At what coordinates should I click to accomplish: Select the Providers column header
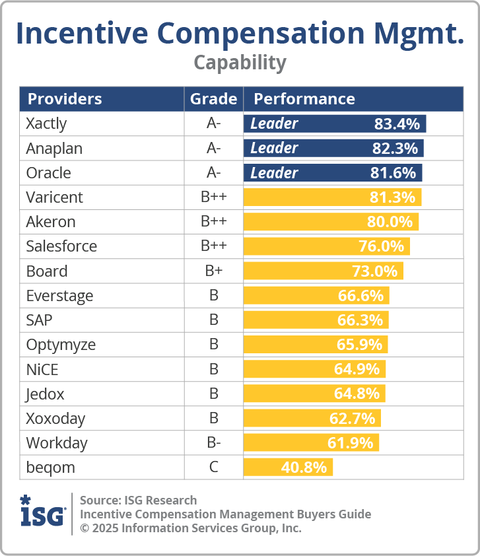64,99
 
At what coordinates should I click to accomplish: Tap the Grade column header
213,99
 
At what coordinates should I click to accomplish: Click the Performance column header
304,99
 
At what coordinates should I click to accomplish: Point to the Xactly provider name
46,123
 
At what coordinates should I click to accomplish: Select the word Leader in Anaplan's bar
274,148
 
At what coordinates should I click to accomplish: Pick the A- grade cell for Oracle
213,173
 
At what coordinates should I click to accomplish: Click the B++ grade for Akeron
213,222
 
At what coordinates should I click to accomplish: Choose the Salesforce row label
61,246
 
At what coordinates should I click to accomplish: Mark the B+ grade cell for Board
213,271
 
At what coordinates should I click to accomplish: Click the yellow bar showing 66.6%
316,296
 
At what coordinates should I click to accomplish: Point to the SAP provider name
40,320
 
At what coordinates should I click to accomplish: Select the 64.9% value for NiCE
357,369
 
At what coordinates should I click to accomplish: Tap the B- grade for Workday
213,443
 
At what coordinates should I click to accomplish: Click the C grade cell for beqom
213,468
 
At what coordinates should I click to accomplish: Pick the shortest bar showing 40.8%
288,468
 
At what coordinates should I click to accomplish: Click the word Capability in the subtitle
240,62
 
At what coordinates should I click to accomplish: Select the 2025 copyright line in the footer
190,528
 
